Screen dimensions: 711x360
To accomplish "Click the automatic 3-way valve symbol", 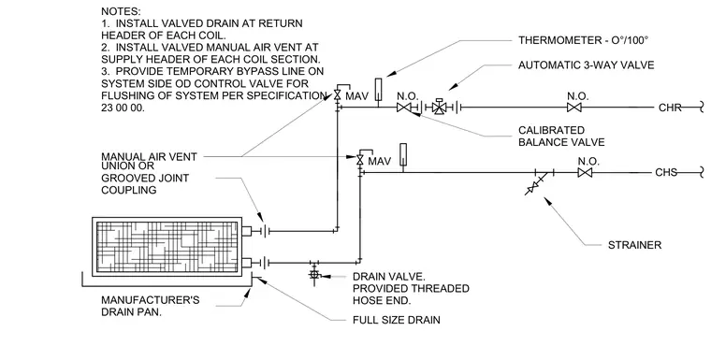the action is tap(439, 108).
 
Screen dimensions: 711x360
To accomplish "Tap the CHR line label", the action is tap(670, 108).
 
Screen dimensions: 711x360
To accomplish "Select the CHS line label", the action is tap(666, 172).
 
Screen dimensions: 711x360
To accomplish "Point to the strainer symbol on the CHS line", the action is tap(537, 183).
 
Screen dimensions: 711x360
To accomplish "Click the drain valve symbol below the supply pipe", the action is tap(314, 275).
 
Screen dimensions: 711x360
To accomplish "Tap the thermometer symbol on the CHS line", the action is tap(402, 154).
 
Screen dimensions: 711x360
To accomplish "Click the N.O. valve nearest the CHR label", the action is tap(574, 108).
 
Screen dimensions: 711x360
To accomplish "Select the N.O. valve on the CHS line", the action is tap(585, 172).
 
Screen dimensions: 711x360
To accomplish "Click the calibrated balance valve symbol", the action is tap(403, 108).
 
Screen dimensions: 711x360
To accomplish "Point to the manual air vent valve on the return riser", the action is tap(338, 94).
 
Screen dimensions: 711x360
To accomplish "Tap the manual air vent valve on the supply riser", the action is tap(360, 160).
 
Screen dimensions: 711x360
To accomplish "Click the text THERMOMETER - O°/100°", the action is tap(583, 40).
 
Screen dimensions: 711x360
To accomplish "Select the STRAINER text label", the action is tap(635, 245).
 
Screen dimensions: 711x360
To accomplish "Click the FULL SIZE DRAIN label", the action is tap(397, 320).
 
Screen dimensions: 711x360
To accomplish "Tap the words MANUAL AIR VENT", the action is tap(149, 157).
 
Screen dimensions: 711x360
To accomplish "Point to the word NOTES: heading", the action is tap(121, 11).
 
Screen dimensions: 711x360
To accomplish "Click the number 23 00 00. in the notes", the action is tap(123, 108).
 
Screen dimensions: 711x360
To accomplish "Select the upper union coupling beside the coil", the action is tap(266, 231).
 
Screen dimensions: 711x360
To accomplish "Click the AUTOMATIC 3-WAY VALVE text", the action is tap(587, 65).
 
